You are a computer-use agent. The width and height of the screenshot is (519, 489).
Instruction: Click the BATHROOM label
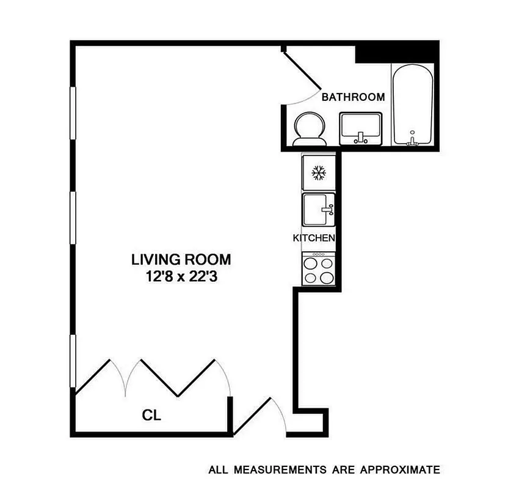(x=353, y=97)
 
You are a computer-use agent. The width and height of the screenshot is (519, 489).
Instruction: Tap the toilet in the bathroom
(x=310, y=129)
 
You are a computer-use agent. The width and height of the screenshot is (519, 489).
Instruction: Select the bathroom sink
(x=360, y=128)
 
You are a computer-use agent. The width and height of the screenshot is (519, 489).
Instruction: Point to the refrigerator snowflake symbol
(x=318, y=174)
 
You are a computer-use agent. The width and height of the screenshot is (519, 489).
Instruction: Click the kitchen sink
(x=318, y=210)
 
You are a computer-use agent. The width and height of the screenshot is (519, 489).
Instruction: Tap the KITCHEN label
(x=314, y=238)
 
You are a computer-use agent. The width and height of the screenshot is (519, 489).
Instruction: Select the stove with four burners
(x=318, y=269)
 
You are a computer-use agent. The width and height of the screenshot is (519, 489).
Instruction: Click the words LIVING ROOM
(x=181, y=259)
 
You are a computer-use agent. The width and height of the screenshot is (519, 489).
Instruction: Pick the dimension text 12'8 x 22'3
(x=181, y=276)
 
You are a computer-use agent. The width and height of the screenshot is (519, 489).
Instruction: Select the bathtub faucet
(x=413, y=139)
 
